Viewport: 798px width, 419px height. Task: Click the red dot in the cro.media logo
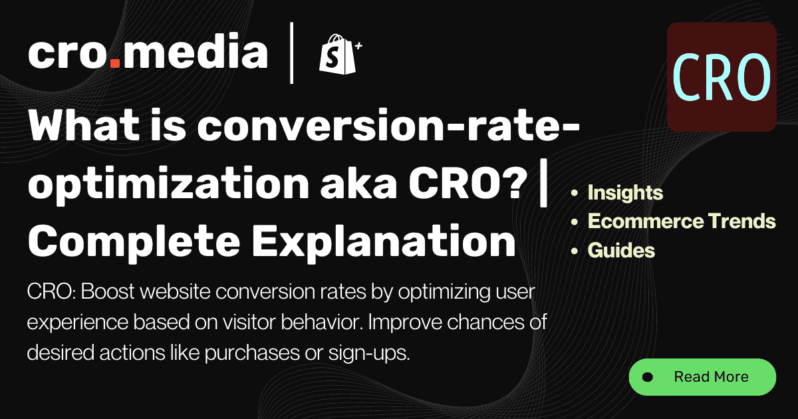[x=115, y=65]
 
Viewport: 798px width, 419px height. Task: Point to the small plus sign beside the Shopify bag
[x=358, y=46]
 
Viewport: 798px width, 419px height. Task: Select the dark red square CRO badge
[x=722, y=76]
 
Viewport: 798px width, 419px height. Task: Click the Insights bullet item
[x=625, y=193]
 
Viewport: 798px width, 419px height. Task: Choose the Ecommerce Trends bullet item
[x=682, y=221]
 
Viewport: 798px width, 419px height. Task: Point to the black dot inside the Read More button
[x=647, y=377]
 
